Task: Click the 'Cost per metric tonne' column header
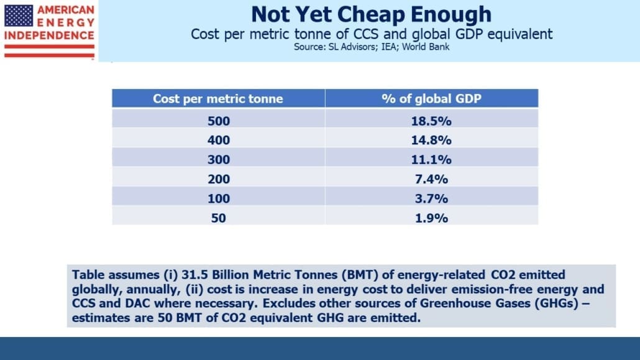pos(218,98)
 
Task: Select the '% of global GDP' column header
pos(431,98)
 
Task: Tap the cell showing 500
pos(218,121)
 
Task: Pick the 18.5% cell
pos(431,121)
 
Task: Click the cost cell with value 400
pos(218,140)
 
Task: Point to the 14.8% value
pos(431,140)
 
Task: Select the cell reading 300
pos(218,159)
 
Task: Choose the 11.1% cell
pos(431,159)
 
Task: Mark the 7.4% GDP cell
pos(431,179)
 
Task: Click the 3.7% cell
pos(431,198)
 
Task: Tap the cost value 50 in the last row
pos(218,218)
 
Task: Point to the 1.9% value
pos(431,218)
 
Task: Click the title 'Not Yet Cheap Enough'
pos(371,14)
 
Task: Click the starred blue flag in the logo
pos(19,16)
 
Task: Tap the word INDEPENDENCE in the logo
pos(49,35)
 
